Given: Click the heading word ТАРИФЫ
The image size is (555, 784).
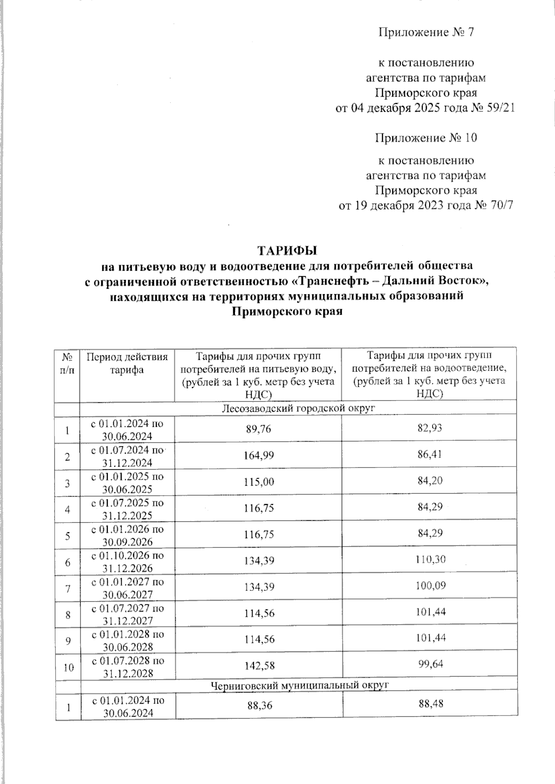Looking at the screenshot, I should pyautogui.click(x=287, y=251).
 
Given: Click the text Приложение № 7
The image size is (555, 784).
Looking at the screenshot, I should pyautogui.click(x=426, y=32).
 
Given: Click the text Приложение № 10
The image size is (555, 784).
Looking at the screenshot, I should pyautogui.click(x=426, y=138).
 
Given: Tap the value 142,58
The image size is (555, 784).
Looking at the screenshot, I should pyautogui.click(x=259, y=665).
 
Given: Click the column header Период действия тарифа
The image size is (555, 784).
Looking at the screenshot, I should pyautogui.click(x=127, y=363).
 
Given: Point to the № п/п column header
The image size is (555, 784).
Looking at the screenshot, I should pyautogui.click(x=67, y=364).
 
